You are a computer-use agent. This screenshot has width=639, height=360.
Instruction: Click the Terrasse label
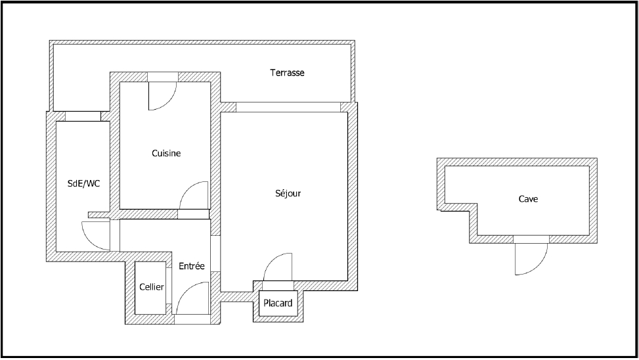(287, 72)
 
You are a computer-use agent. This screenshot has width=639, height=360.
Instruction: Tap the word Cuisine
(166, 153)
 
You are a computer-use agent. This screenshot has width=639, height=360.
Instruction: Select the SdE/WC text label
(83, 183)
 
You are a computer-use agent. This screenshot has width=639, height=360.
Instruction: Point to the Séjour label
(288, 193)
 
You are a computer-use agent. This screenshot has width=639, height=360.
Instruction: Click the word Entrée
(192, 266)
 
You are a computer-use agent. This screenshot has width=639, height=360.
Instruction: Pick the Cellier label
(152, 287)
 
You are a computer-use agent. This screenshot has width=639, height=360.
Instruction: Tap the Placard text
(278, 303)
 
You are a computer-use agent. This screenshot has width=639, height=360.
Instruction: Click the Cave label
(528, 199)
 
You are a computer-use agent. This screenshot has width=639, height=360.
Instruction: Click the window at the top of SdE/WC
(83, 116)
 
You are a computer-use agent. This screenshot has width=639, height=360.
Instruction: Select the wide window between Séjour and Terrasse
(288, 107)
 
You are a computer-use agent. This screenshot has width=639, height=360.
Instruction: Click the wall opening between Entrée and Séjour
(215, 254)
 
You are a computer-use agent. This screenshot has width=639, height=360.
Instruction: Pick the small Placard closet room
(278, 304)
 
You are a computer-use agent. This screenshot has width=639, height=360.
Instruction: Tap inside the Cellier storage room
(150, 288)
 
